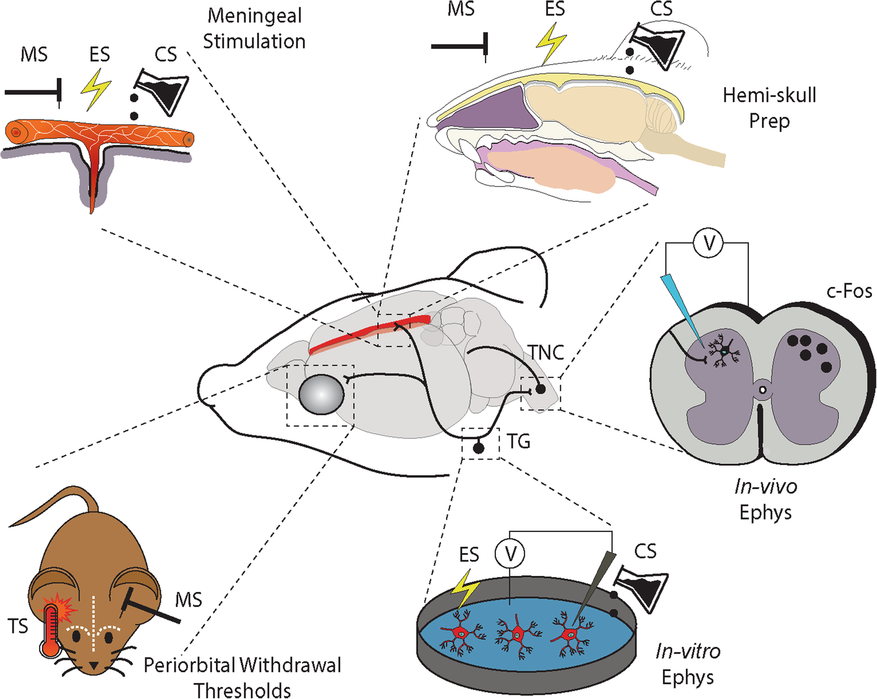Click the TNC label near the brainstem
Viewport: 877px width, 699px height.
546,353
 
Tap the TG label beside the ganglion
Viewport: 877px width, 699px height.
518,441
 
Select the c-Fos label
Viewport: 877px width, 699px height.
849,291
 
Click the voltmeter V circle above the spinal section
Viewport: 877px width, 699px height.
709,244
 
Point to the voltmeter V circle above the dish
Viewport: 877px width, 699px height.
510,553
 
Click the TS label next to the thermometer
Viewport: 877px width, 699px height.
18,626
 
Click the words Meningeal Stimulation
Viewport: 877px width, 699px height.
254,28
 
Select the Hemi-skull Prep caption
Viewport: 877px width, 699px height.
769,108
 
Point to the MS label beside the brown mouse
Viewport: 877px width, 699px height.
188,599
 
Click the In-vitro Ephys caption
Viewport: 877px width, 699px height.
687,664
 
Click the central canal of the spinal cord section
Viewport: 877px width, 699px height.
763,390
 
